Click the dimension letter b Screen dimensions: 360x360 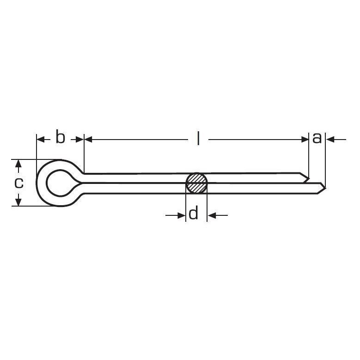61,137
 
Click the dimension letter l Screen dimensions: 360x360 198,138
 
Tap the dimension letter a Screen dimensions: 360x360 317,139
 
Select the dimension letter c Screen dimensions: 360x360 19,183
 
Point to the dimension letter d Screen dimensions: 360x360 193,213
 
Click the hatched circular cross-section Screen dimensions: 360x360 196,183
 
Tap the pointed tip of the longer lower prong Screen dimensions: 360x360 325,188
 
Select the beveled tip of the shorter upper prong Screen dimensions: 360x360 308,178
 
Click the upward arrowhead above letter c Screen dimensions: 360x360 18,164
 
